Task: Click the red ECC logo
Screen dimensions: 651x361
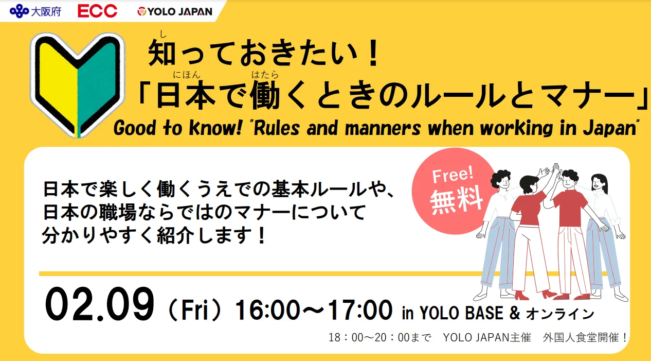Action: coord(97,11)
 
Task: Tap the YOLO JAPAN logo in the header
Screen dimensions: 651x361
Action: coord(175,11)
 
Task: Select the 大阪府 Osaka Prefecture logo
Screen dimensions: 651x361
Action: coord(35,11)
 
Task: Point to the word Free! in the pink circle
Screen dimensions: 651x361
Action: coord(453,175)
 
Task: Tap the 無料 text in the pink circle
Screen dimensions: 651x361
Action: coord(456,200)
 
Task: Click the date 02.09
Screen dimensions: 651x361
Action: coord(99,304)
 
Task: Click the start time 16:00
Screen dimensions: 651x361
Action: coord(267,311)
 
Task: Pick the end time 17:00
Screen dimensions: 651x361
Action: coord(360,311)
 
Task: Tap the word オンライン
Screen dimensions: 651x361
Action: coord(560,314)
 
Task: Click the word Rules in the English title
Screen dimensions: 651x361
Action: coord(277,128)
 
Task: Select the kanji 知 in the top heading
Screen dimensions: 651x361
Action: coord(162,53)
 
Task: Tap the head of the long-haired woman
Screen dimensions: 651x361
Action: coord(599,183)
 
